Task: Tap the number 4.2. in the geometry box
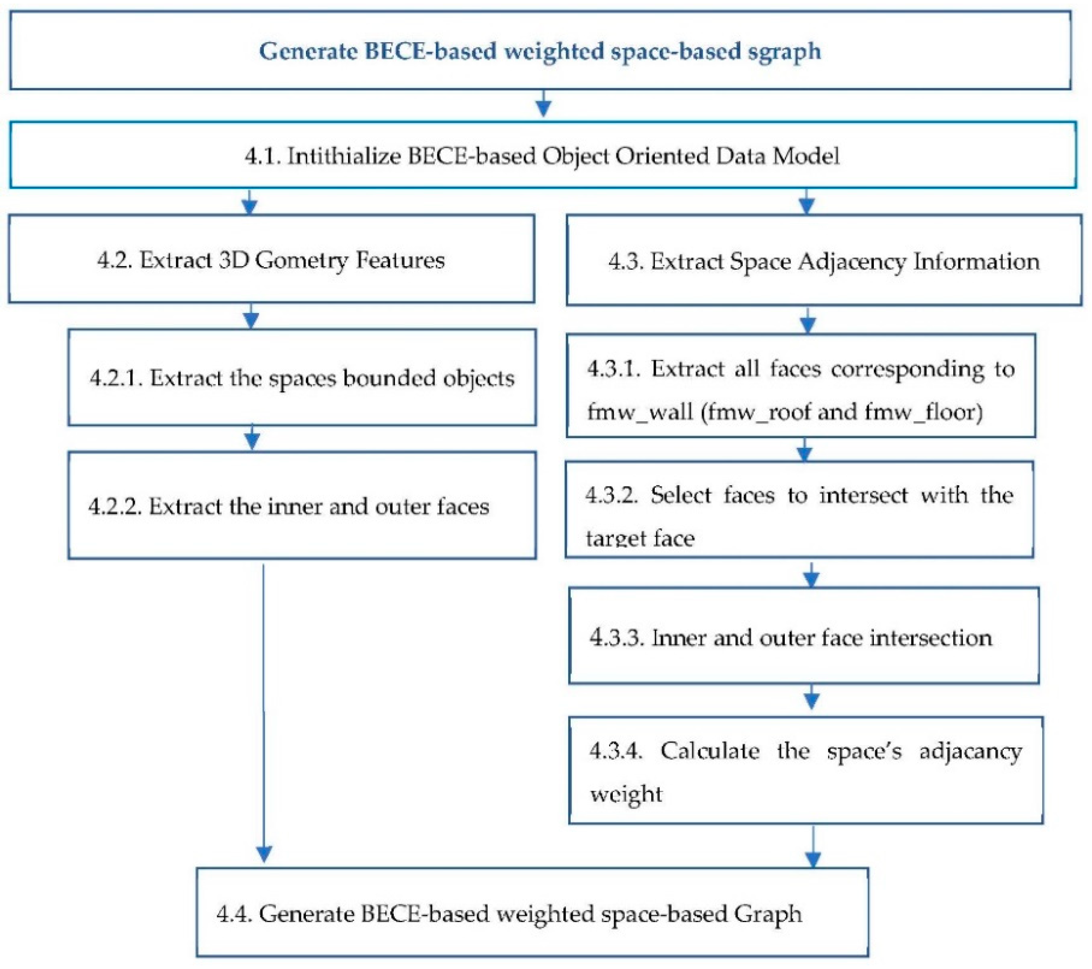[x=114, y=260]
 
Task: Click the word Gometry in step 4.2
[x=301, y=260]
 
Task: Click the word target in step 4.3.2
[x=614, y=538]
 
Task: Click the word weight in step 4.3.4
[x=626, y=794]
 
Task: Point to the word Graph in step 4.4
[x=768, y=914]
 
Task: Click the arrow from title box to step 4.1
[x=543, y=104]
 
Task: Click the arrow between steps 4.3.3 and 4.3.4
[x=811, y=697]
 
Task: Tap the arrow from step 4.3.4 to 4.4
[x=813, y=847]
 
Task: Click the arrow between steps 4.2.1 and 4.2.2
[x=252, y=438]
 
